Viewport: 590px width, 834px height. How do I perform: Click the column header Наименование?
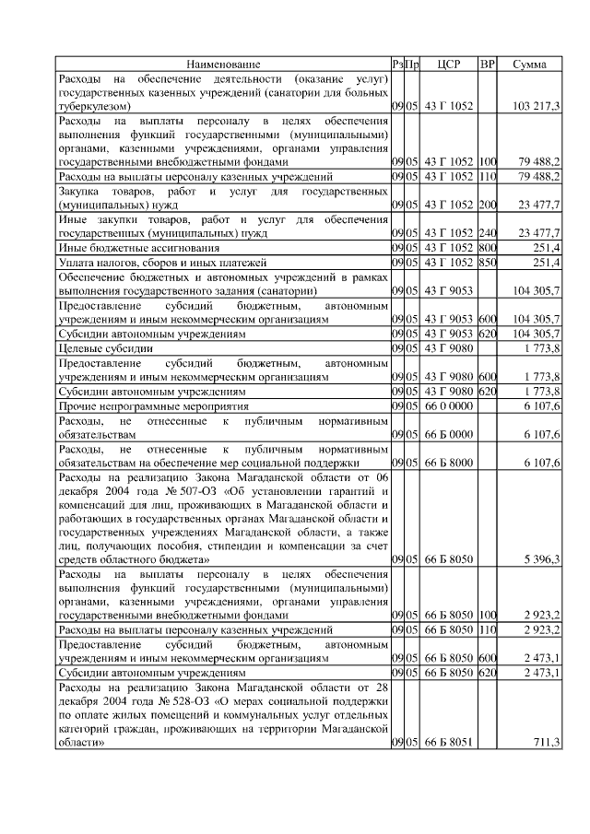click(223, 65)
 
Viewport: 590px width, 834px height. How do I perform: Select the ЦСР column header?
click(448, 65)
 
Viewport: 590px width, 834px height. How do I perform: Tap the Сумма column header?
click(529, 65)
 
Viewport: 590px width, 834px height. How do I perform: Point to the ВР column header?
click(488, 65)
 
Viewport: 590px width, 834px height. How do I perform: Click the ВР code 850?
click(488, 263)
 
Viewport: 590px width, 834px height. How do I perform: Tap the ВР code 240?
click(488, 233)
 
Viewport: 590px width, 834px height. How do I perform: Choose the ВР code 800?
click(488, 248)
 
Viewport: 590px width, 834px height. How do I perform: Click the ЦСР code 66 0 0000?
click(448, 405)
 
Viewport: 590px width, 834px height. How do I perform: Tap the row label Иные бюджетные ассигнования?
click(139, 248)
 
